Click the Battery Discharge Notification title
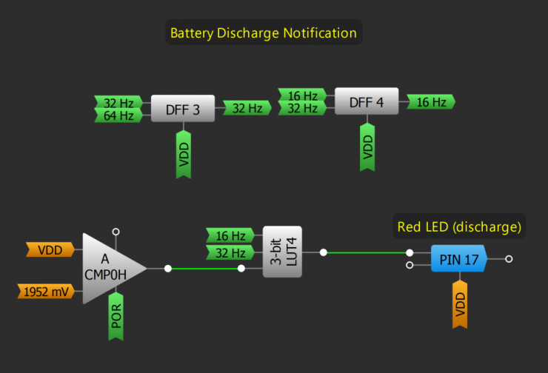(x=264, y=33)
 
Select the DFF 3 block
(x=183, y=109)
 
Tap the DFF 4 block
(x=367, y=101)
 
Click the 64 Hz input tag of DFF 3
(x=118, y=115)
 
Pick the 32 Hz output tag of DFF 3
(x=247, y=108)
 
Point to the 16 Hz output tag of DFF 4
(x=431, y=101)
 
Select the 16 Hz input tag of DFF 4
(x=302, y=95)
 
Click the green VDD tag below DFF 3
(x=184, y=155)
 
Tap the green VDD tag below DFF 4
(x=367, y=147)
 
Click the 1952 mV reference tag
(x=46, y=292)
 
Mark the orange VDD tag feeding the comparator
(x=50, y=249)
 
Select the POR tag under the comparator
(x=116, y=316)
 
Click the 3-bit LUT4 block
(x=282, y=252)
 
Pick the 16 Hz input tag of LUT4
(x=230, y=235)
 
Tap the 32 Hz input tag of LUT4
(x=230, y=252)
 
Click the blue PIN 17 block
(x=459, y=259)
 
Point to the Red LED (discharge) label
(x=459, y=226)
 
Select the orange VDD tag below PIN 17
(x=460, y=304)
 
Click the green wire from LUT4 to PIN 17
(x=367, y=252)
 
